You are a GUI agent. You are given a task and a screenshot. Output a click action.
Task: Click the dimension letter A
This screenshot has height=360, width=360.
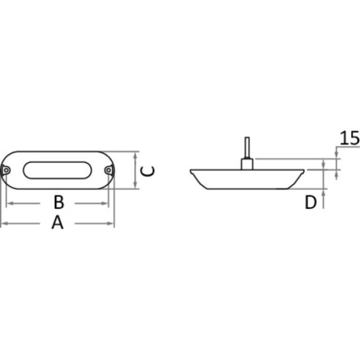[x=57, y=223]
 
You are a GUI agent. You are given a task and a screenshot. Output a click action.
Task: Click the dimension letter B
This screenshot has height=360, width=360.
[x=59, y=202]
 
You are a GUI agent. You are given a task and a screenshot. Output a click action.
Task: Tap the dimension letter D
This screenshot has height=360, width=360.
[x=310, y=202]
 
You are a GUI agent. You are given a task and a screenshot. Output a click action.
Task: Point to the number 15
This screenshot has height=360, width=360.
[x=349, y=138]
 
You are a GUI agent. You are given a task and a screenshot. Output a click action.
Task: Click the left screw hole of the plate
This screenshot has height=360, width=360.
[x=6, y=170]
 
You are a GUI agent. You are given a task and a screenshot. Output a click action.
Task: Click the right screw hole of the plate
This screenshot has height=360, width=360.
[x=109, y=170]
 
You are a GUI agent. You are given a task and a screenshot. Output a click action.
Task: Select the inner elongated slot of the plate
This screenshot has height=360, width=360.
[x=57, y=170]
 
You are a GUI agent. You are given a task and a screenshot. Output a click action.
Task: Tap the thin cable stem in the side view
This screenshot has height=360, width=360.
[x=247, y=147]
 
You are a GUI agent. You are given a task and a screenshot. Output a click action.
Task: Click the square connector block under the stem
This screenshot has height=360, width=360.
[x=247, y=164]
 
